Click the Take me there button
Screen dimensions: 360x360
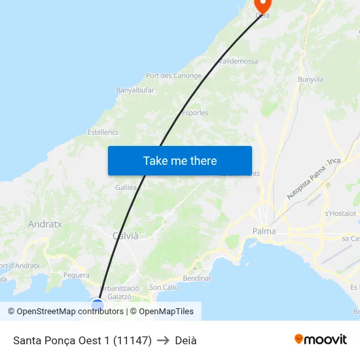(180, 160)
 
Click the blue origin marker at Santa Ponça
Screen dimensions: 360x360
(98, 304)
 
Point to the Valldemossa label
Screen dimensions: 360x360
(238, 61)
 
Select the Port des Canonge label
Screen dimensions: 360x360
(173, 76)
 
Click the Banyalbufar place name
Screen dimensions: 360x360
(135, 90)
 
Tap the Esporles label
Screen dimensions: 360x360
(195, 113)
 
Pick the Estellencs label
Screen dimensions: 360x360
(103, 132)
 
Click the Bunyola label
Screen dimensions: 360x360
(311, 79)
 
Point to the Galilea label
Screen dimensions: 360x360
(126, 187)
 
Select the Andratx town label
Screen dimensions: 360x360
(45, 224)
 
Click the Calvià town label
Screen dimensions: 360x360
(126, 236)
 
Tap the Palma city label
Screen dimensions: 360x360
(264, 231)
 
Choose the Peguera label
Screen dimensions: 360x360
(76, 276)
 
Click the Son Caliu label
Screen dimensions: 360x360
(164, 287)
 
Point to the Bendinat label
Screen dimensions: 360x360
(197, 278)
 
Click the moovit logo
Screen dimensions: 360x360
(321, 340)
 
